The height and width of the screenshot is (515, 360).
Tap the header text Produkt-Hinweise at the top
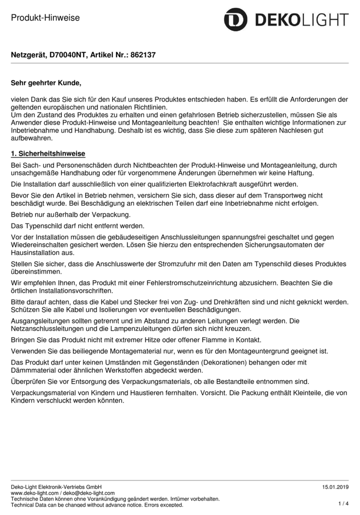[45, 18]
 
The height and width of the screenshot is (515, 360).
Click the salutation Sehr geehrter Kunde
[46, 82]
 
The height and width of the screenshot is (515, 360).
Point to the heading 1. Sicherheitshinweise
[48, 154]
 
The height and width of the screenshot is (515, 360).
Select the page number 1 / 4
[343, 503]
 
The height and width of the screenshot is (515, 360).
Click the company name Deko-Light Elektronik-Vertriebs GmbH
[56, 487]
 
